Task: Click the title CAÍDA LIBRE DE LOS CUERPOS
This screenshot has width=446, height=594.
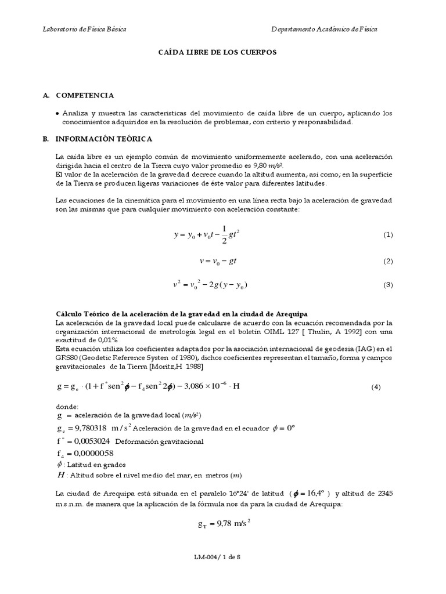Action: (218, 52)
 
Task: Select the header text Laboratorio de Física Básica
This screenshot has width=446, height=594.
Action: (85, 29)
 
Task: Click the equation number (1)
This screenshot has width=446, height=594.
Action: (388, 234)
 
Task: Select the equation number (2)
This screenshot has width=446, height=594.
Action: (388, 262)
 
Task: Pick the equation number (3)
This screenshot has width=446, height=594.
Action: (388, 285)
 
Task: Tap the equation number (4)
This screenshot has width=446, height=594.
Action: (375, 387)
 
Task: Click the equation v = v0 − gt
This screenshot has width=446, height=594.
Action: (218, 262)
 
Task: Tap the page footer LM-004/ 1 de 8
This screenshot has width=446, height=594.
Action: (217, 557)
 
